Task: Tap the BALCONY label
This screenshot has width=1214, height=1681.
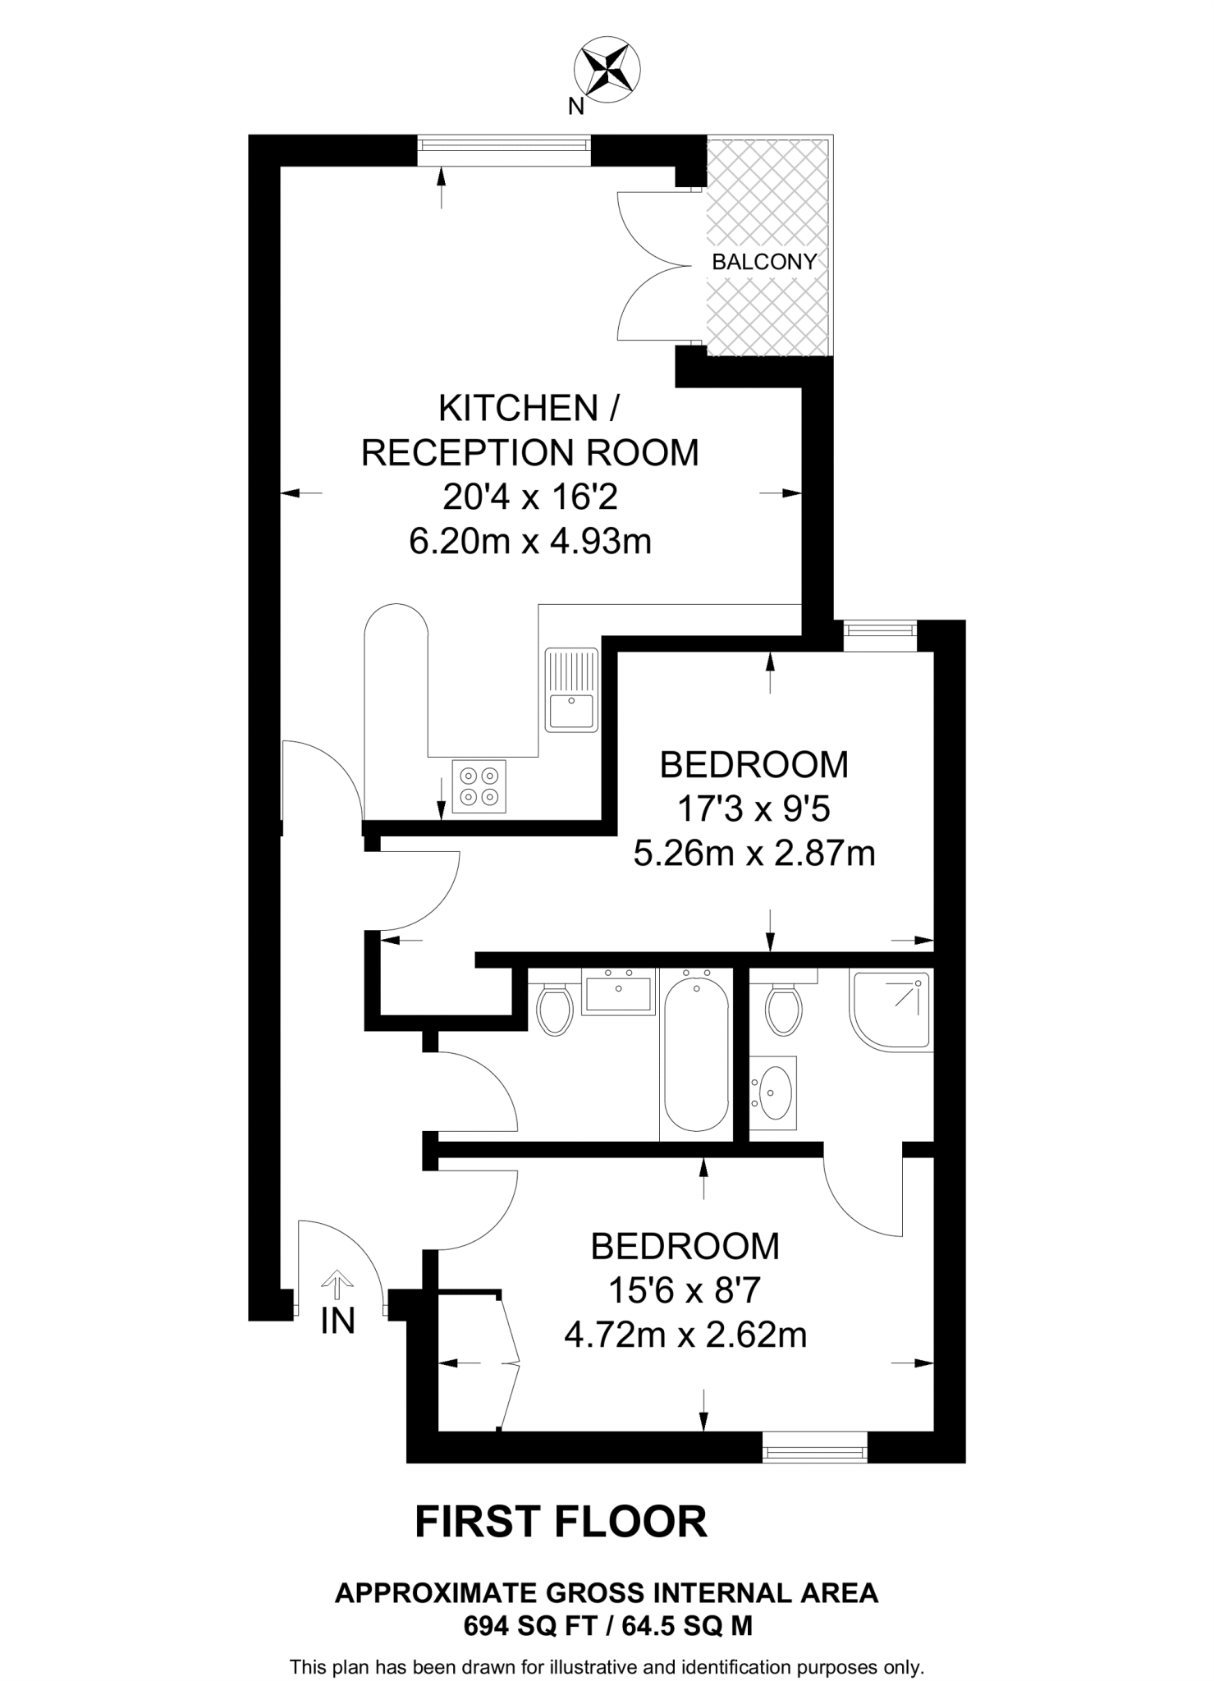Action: pyautogui.click(x=764, y=262)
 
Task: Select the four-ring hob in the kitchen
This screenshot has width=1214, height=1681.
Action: pyautogui.click(x=479, y=786)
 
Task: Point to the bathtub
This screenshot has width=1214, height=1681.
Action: pyautogui.click(x=696, y=1051)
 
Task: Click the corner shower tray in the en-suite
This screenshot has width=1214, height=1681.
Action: pyautogui.click(x=892, y=1010)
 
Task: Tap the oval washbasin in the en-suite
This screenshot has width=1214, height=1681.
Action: pyautogui.click(x=772, y=1092)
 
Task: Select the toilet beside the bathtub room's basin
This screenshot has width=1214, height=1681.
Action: pyautogui.click(x=555, y=1010)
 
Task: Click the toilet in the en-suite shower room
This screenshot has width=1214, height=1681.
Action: pyautogui.click(x=783, y=1010)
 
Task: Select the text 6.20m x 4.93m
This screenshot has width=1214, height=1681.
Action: pyautogui.click(x=530, y=542)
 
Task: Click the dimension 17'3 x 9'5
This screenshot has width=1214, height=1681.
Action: pyautogui.click(x=753, y=809)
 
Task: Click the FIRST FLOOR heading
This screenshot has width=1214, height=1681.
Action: pyautogui.click(x=561, y=1522)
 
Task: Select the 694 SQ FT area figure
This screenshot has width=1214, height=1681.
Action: pyautogui.click(x=527, y=1626)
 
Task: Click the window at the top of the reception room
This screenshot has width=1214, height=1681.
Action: pyautogui.click(x=504, y=145)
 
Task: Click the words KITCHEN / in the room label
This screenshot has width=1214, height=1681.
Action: pyautogui.click(x=529, y=408)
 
